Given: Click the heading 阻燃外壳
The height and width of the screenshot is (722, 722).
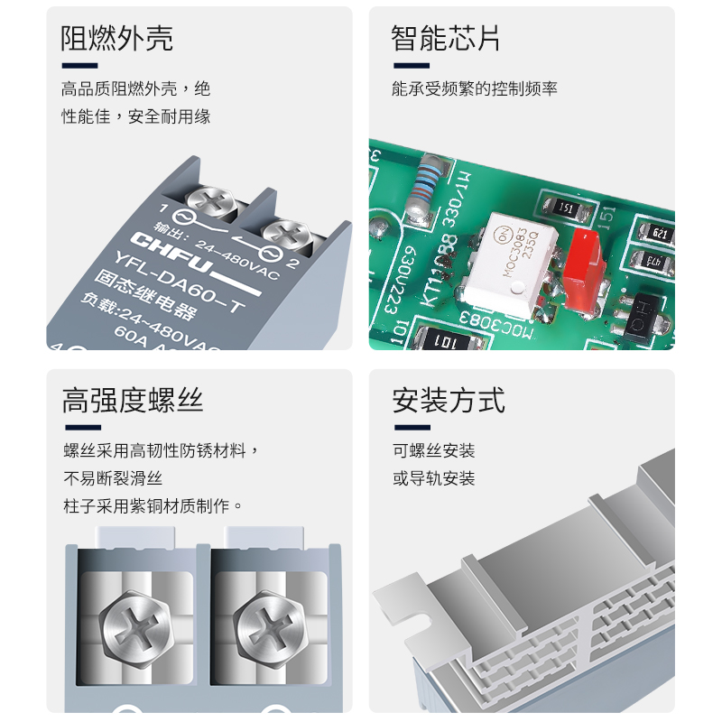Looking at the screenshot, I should point(116,39).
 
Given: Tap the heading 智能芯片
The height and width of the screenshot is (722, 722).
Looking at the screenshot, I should point(446,39).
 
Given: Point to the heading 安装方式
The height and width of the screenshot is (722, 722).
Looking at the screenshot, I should point(449,399).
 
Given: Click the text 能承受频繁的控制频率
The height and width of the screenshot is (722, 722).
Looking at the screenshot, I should point(475,88).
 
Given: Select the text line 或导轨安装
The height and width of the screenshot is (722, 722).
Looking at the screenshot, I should point(433,478).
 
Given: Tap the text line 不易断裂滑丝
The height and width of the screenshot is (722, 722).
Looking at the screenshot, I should point(112,478).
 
